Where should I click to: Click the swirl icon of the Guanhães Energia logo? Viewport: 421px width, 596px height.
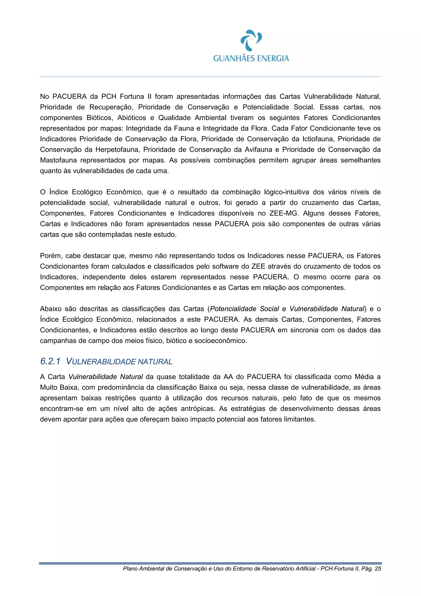pyautogui.click(x=251, y=40)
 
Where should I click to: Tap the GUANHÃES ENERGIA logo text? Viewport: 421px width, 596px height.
pyautogui.click(x=251, y=58)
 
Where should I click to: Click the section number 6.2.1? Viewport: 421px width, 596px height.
pyautogui.click(x=50, y=361)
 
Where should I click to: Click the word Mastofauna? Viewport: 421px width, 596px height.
pyautogui.click(x=58, y=160)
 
